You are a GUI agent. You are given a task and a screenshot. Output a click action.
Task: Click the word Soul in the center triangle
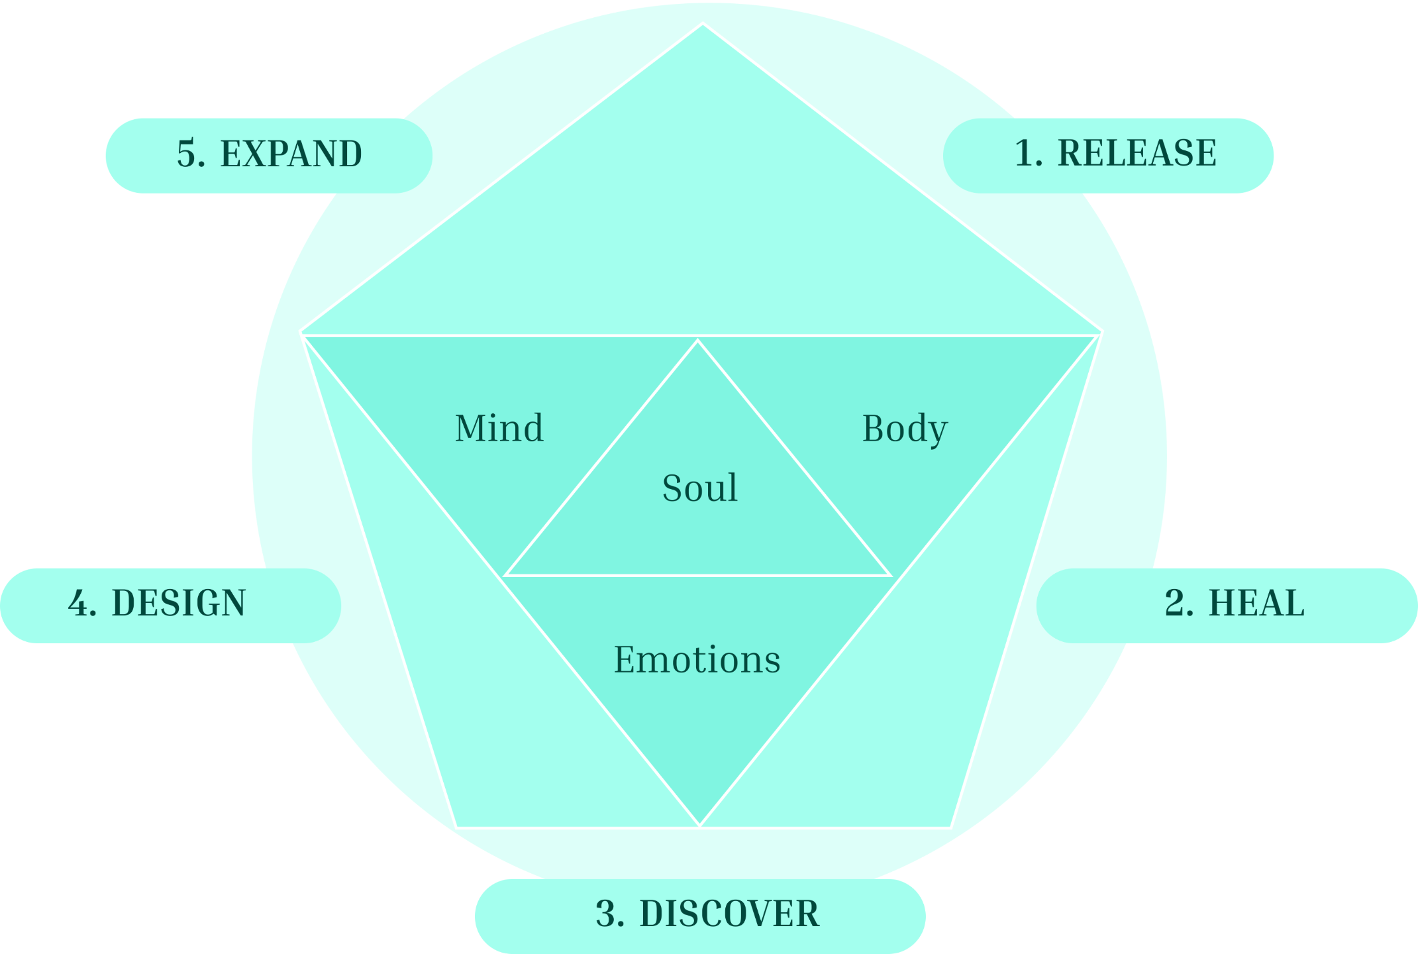pyautogui.click(x=700, y=488)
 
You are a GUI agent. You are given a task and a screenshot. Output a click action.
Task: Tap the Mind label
pyautogui.click(x=499, y=428)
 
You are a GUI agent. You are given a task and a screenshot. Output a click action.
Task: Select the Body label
pyautogui.click(x=905, y=429)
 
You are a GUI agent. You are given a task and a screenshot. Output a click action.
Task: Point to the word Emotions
pyautogui.click(x=697, y=660)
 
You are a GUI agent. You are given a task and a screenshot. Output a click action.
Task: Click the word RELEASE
pyautogui.click(x=1137, y=153)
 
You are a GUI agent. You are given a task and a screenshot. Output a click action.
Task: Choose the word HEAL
pyautogui.click(x=1256, y=603)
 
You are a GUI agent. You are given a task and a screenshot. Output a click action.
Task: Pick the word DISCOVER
pyautogui.click(x=729, y=914)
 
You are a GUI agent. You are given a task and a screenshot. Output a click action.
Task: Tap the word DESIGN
pyautogui.click(x=178, y=603)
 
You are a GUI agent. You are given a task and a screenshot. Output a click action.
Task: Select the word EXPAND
pyautogui.click(x=291, y=154)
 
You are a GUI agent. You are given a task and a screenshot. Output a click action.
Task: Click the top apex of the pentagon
pyautogui.click(x=703, y=25)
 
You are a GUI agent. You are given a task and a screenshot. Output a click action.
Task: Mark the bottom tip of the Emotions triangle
pyautogui.click(x=700, y=825)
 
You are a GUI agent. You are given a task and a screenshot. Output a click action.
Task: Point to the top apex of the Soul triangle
pyautogui.click(x=697, y=341)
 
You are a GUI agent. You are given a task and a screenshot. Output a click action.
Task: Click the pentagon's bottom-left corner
pyautogui.click(x=457, y=827)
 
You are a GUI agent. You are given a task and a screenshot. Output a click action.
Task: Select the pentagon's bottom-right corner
pyautogui.click(x=950, y=827)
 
